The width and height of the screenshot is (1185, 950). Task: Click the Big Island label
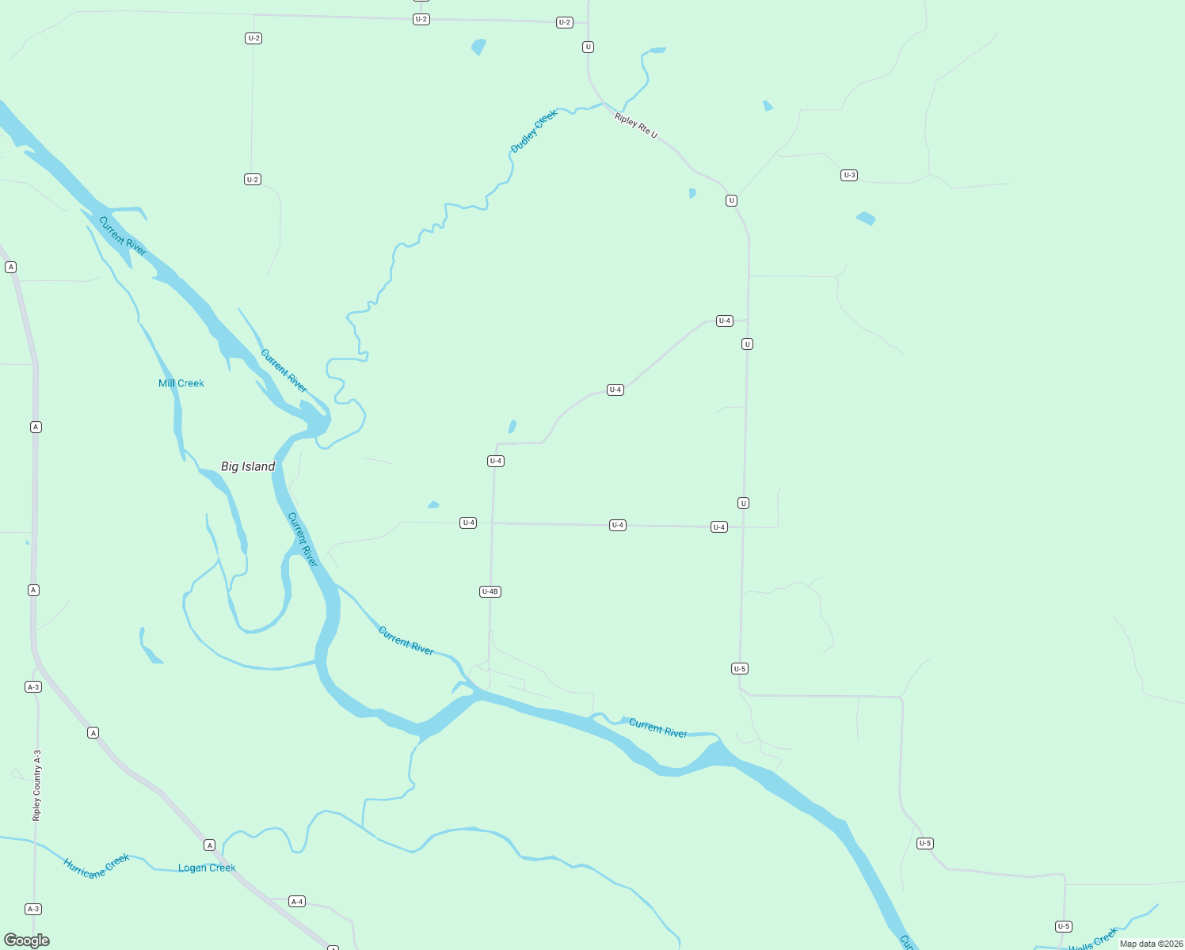tap(248, 466)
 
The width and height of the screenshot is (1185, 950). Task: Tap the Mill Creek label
tap(181, 383)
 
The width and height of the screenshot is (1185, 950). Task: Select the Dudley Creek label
tap(534, 131)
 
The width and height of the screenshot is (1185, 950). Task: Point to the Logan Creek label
tap(207, 868)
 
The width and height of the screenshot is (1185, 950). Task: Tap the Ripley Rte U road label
tap(636, 125)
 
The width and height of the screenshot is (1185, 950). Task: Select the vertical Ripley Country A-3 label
tap(36, 785)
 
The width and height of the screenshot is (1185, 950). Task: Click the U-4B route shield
tap(490, 591)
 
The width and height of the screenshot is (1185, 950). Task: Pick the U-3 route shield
tap(849, 175)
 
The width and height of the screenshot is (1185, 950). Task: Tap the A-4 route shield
tap(297, 902)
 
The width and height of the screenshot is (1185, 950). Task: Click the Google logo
tap(27, 940)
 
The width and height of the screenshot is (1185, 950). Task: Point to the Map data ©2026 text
tap(1150, 944)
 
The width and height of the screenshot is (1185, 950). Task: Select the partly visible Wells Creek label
tap(1093, 940)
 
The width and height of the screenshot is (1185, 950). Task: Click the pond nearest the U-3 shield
tap(866, 218)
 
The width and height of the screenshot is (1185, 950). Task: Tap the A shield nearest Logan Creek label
tap(210, 845)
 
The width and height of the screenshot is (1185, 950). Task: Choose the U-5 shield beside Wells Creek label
tap(1064, 926)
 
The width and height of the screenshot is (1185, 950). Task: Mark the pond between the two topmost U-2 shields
tap(478, 47)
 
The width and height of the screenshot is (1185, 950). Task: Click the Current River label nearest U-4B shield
tap(406, 640)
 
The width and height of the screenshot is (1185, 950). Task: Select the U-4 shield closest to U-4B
tap(468, 522)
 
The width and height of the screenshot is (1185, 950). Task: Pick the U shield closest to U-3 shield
tap(731, 200)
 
